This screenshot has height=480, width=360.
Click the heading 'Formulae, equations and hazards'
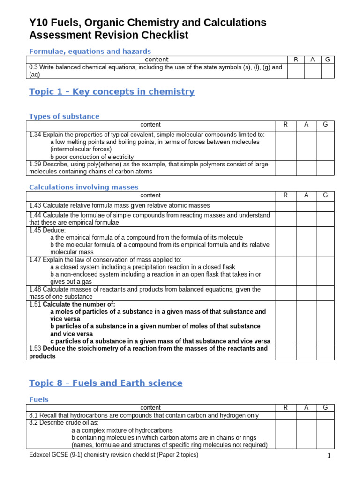coord(90,51)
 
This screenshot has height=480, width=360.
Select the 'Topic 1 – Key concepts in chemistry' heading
coord(112,91)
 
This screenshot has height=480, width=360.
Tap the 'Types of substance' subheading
coord(64,116)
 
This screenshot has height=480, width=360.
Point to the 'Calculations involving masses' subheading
coord(84,187)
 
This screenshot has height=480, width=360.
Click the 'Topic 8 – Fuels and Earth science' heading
coord(105,383)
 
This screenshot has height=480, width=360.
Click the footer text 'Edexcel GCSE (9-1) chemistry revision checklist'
coord(113,455)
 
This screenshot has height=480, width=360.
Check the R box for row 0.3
coord(295,71)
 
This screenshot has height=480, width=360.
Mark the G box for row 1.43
coord(325,206)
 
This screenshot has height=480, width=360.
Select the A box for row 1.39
coord(306,168)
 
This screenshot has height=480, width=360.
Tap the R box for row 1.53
coord(285,352)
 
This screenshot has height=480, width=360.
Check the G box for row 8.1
coord(325,415)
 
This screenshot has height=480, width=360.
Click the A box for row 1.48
coord(306,293)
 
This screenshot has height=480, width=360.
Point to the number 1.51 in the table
coord(35,304)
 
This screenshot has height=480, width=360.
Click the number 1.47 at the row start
coord(35,260)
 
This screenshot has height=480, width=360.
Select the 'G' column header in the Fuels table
coord(325,408)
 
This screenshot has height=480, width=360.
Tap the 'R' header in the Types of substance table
coord(285,124)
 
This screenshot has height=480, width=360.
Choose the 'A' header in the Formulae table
coord(312,60)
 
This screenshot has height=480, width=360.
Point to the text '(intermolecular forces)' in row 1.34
coord(81,149)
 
